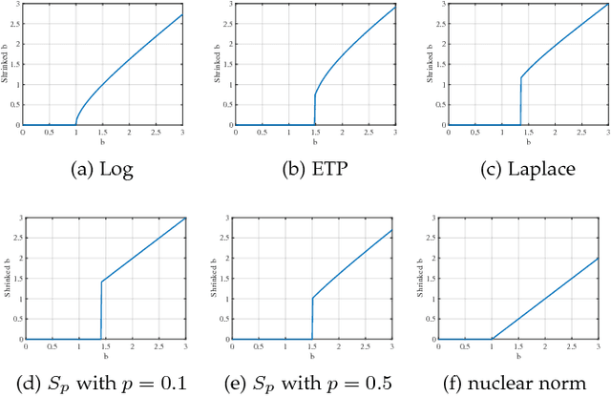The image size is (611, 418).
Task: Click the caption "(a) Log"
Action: pos(102,170)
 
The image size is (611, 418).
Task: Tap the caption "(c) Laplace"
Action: pos(515,170)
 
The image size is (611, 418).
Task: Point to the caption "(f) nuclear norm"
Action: pos(515,385)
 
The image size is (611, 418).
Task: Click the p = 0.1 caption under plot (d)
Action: pos(102,385)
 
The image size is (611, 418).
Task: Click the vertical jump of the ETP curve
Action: pos(314,109)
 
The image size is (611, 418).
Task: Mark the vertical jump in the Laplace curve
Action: pos(520,101)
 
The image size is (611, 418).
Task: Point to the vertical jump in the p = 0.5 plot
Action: pos(312,319)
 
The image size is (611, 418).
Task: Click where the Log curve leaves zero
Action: pos(76,124)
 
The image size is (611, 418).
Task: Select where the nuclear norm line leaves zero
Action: pos(492,339)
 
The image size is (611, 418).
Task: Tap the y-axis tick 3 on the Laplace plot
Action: pos(430,6)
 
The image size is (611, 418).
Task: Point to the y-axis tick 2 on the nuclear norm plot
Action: pos(430,258)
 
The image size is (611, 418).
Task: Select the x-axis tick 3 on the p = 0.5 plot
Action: pos(394,347)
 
